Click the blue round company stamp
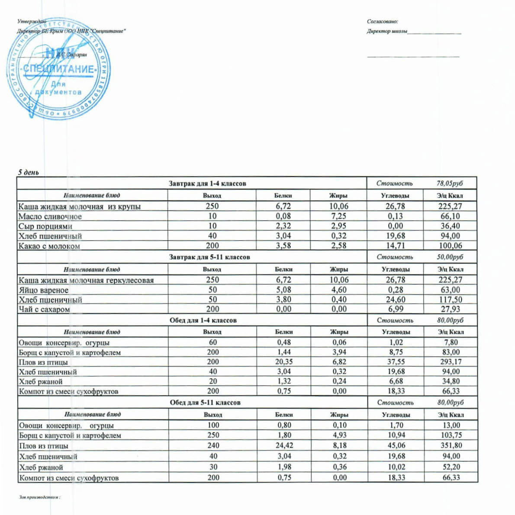(x=58, y=69)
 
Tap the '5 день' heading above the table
(x=28, y=172)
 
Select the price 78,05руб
(x=449, y=183)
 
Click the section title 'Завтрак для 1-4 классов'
(x=207, y=183)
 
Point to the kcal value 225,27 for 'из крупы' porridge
(x=450, y=206)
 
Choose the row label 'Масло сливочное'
(x=50, y=216)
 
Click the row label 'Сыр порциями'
(x=45, y=226)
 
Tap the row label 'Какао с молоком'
(x=49, y=246)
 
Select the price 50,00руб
(x=450, y=257)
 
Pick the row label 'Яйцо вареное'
(x=43, y=290)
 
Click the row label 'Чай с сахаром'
(x=44, y=309)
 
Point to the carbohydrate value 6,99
(x=395, y=309)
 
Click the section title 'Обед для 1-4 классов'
(x=203, y=321)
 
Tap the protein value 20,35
(x=284, y=362)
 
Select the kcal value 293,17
(x=451, y=362)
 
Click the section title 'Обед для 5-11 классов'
(x=205, y=402)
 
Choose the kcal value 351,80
(x=451, y=445)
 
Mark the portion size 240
(x=213, y=445)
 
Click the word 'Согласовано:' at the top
(x=382, y=21)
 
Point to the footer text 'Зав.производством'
(x=39, y=497)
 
